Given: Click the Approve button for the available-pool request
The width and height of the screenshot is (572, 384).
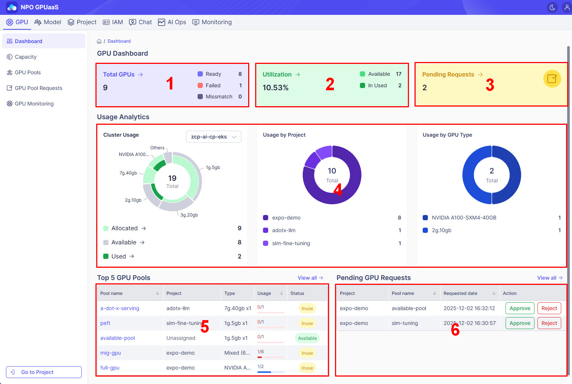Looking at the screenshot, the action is click(x=520, y=308).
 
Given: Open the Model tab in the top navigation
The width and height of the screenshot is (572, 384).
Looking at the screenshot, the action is click(x=48, y=22).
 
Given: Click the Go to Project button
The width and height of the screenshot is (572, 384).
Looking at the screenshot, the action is click(x=44, y=372).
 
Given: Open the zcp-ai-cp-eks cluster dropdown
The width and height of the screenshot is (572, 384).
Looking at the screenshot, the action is click(x=214, y=137).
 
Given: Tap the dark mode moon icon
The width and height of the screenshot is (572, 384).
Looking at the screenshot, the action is click(x=552, y=7).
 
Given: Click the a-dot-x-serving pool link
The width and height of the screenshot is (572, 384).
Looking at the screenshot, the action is click(x=120, y=308).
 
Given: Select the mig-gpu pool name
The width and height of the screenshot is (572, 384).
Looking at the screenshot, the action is click(x=111, y=353).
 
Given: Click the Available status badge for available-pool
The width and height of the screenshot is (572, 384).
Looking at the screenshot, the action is click(x=307, y=338).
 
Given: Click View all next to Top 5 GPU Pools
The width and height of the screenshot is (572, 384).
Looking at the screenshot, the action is click(x=310, y=278).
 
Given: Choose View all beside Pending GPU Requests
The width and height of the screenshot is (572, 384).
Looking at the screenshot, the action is click(x=550, y=278).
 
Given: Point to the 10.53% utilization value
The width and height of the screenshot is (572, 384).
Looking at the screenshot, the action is click(x=276, y=88).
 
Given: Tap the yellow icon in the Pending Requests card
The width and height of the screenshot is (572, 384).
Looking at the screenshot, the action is click(x=552, y=79).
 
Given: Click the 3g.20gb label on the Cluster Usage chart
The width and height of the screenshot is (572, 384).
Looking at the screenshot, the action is click(x=189, y=215).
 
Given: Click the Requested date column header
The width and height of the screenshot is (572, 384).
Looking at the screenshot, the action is click(x=460, y=293).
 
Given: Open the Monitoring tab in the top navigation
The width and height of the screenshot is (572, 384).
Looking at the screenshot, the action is click(x=212, y=22).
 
